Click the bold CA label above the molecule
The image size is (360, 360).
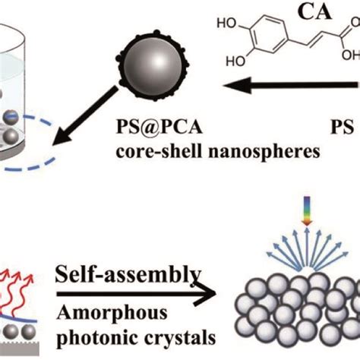pos(314,12)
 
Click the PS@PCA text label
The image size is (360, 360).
pos(159,127)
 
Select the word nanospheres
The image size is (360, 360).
pos(264,152)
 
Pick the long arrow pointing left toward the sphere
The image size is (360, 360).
pos(292,85)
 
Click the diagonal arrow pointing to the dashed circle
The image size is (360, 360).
pos(85,115)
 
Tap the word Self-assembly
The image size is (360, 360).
pos(128,275)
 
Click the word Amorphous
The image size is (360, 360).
pos(112,313)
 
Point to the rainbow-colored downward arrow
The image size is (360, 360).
pos(307,210)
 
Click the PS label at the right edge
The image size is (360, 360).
pos(342,127)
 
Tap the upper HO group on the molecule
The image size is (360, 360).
pos(226,24)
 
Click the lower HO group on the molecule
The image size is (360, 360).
pos(235,61)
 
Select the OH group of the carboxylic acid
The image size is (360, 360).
pos(351,55)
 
